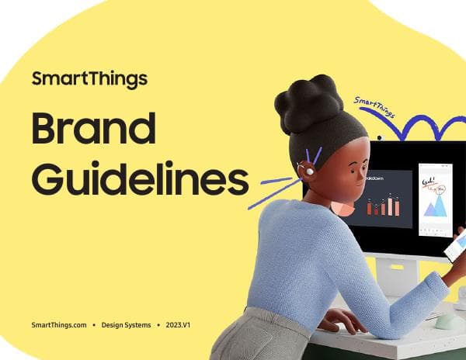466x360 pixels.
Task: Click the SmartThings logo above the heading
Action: tap(89, 78)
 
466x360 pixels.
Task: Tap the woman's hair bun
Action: tap(308, 102)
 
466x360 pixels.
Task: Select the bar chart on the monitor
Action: tap(384, 206)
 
